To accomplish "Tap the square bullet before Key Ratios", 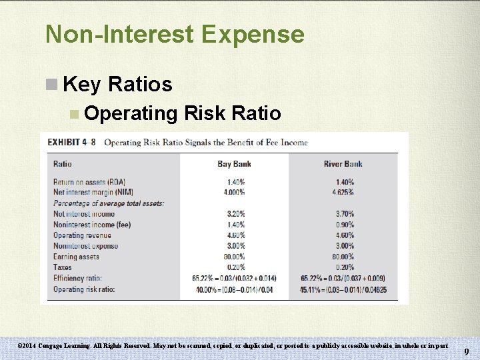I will (x=51, y=85).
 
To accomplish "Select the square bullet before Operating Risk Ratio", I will (x=74, y=114).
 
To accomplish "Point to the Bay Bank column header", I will (x=233, y=164).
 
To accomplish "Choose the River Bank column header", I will (x=343, y=164).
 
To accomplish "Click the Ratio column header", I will (x=63, y=164).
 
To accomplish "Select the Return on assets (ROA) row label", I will (x=93, y=182).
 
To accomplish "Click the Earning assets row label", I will (x=76, y=257).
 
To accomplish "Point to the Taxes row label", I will (x=63, y=267).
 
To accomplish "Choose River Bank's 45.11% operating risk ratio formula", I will (x=343, y=289).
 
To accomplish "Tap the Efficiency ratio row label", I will (x=78, y=278).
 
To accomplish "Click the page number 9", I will (x=466, y=351).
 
